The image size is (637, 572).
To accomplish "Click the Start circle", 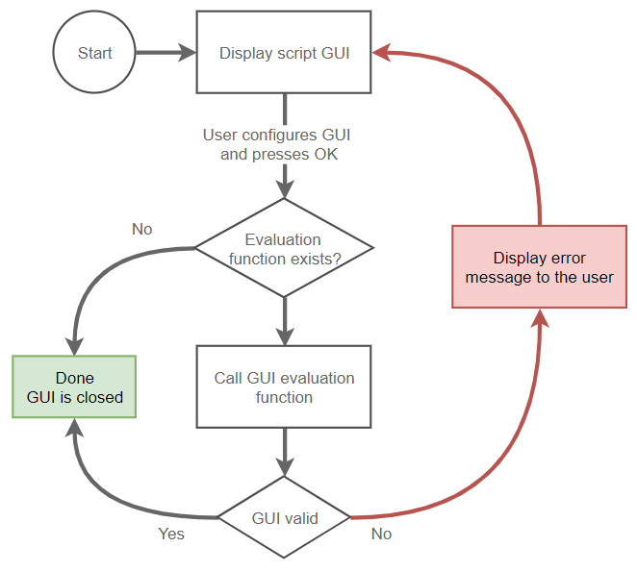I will (x=94, y=53).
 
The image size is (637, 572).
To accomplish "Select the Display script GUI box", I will (x=284, y=53).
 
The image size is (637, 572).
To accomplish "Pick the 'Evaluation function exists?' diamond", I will (x=284, y=248).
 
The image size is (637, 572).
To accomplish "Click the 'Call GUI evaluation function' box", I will (x=284, y=386).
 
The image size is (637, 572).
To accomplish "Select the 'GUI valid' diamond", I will (x=284, y=517).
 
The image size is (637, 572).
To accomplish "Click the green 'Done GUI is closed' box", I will (x=75, y=386).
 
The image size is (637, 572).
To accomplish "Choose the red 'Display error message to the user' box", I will (x=540, y=267).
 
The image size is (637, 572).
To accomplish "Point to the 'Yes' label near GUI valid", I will (x=171, y=534).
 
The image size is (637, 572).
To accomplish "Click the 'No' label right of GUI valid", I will (x=381, y=534).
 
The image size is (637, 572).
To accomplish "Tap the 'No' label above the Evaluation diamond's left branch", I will (x=141, y=230).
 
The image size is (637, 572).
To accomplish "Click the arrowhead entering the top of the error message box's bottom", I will (x=540, y=318).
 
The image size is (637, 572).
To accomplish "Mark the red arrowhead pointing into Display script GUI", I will (x=382, y=53).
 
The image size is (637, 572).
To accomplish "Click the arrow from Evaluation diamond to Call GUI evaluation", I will (x=284, y=320).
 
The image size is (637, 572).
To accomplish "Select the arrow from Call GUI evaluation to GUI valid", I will (x=284, y=450).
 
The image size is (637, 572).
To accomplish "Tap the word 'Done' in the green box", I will (x=75, y=378).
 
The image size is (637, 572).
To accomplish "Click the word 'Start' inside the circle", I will (x=94, y=53).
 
